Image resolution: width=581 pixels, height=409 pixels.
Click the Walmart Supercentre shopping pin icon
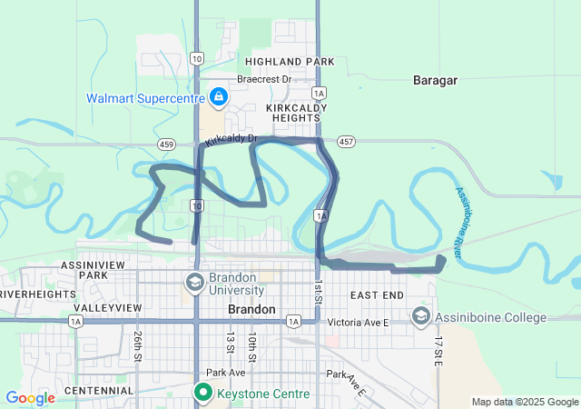coord(219,95)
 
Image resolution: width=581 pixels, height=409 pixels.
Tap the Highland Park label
coord(277,62)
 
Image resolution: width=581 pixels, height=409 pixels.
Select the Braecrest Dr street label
coord(264,79)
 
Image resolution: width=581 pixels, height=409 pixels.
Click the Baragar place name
coord(435,80)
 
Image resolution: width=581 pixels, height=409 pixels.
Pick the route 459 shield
coord(166,144)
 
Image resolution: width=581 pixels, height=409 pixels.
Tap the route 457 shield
coord(346,143)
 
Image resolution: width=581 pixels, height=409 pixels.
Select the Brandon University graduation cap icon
coord(194,282)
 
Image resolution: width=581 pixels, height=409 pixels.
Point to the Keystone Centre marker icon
coord(202,394)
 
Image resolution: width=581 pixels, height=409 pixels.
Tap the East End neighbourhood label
coord(377,295)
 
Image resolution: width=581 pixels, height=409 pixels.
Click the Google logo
coord(30,398)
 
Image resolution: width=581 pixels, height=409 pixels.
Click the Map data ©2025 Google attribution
coord(524,402)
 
